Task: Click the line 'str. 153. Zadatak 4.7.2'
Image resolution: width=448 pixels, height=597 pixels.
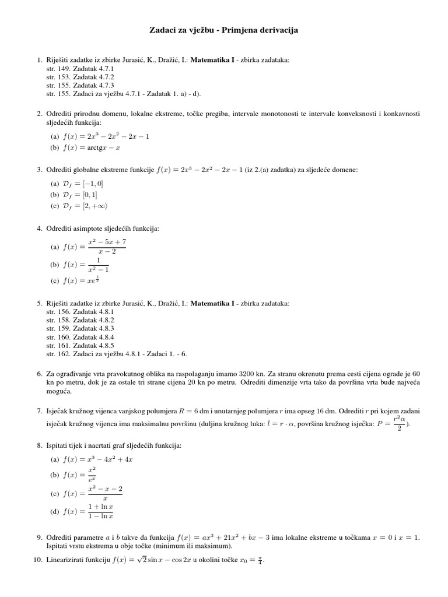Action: tap(80, 76)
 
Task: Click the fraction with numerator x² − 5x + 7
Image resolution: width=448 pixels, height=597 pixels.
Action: tap(107, 247)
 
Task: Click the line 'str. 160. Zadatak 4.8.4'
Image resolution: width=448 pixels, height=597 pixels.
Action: tap(80, 337)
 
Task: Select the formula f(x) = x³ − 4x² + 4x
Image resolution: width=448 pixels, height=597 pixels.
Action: tap(100, 459)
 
